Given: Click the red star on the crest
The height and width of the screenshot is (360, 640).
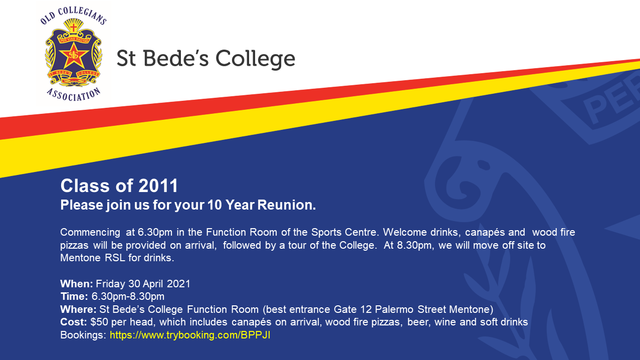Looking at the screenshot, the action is [x=74, y=55].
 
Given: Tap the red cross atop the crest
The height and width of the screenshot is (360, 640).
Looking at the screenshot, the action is [x=74, y=28].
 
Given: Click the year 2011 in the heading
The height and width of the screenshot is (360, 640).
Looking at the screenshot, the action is [x=158, y=186].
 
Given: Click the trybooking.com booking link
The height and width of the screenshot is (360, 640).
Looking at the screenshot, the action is [x=190, y=335].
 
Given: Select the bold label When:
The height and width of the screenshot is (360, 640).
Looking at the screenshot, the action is [x=77, y=284].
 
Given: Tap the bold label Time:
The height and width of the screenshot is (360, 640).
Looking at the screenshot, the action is [x=74, y=296].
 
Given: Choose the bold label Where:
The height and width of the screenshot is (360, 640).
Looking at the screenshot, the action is [x=78, y=309].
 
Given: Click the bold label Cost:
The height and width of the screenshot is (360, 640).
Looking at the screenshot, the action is [x=74, y=322].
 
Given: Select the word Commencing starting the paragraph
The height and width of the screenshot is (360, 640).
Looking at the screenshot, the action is [x=90, y=233].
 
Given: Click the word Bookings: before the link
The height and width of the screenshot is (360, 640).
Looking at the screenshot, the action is [x=83, y=335].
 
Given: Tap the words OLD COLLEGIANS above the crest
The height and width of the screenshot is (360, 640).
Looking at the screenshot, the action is [x=74, y=16].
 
